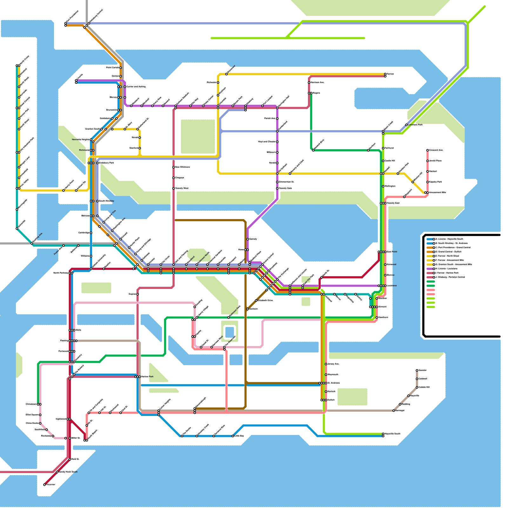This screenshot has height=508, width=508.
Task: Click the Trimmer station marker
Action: click(x=44, y=485)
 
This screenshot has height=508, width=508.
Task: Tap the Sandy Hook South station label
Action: click(x=68, y=472)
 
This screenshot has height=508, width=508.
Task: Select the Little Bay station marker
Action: click(x=233, y=436)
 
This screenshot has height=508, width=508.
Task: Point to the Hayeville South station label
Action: click(x=393, y=434)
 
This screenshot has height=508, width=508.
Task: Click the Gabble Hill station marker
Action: click(x=417, y=387)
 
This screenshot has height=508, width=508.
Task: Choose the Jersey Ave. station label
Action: click(x=333, y=364)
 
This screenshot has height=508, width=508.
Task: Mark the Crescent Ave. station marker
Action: click(x=428, y=150)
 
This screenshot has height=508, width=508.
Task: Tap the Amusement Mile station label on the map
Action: click(x=438, y=193)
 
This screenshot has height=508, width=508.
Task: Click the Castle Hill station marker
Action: click(x=383, y=161)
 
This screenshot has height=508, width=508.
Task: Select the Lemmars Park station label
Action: click(x=415, y=125)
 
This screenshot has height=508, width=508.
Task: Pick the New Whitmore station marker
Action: click(x=174, y=167)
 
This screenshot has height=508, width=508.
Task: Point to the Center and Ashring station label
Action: click(x=136, y=87)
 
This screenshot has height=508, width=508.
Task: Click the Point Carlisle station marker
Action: click(x=121, y=68)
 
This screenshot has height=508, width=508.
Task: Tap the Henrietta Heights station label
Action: click(x=81, y=140)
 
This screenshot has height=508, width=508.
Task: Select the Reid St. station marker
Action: click(x=70, y=459)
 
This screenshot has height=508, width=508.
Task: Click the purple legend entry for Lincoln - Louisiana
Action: click(x=446, y=269)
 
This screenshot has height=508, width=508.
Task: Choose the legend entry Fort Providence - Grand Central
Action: click(x=452, y=247)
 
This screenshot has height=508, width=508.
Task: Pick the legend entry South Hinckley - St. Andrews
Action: click(x=452, y=243)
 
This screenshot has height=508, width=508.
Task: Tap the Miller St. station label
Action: click(x=76, y=438)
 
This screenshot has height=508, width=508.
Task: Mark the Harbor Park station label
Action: click(x=147, y=377)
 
